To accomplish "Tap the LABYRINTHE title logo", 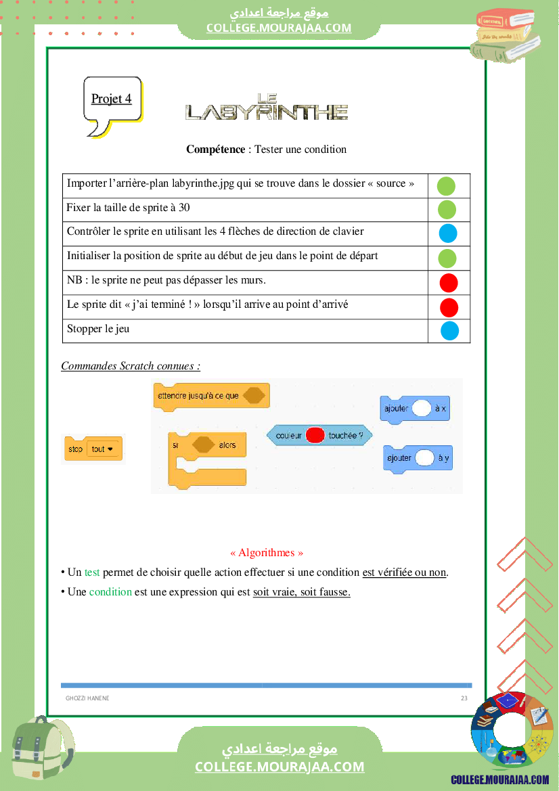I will [266, 108].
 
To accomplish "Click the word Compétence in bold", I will [215, 150].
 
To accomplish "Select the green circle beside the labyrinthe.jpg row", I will [446, 185].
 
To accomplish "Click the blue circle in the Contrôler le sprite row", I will [448, 233].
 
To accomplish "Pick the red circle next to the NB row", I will [449, 283].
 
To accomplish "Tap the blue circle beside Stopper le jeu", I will [450, 331].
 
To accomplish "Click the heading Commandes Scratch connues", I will [131, 366].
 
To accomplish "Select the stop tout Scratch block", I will [93, 449].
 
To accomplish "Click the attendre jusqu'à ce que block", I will [211, 396].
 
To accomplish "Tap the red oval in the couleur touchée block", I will [315, 436].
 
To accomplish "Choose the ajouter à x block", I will [415, 409].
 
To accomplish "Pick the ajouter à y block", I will [418, 458].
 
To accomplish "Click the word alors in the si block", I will [227, 445].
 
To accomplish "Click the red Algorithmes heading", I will [267, 553].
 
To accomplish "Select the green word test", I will [92, 572].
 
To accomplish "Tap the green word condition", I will [110, 592].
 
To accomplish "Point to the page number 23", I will [464, 698].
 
